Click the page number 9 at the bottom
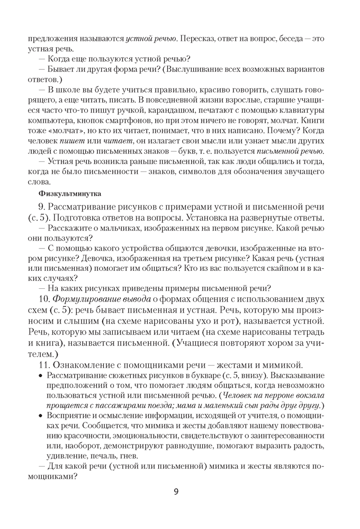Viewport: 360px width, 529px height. click(176, 492)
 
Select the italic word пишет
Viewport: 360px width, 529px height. click(69, 139)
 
